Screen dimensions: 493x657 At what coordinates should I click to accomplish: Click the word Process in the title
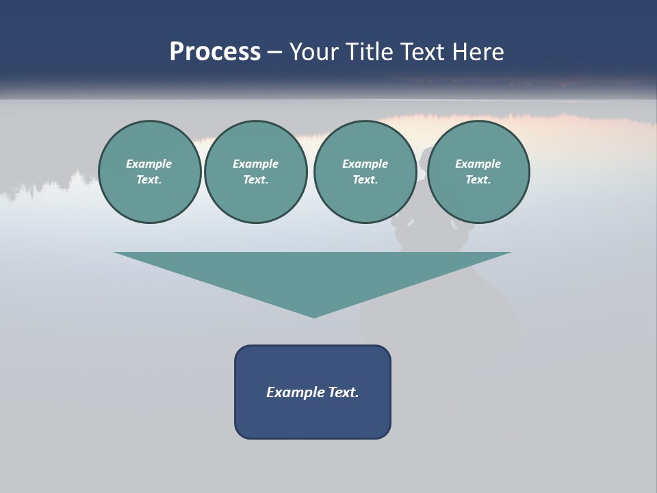click(215, 52)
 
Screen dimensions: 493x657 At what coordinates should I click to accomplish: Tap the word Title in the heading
click(370, 52)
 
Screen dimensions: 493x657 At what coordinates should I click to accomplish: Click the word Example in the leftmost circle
click(149, 164)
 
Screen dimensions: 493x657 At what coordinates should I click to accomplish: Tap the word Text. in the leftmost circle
click(149, 180)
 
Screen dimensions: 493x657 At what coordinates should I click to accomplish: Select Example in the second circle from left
click(255, 164)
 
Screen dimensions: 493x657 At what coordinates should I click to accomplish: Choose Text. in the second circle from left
click(255, 180)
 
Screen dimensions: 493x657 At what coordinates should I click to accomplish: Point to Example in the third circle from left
click(365, 164)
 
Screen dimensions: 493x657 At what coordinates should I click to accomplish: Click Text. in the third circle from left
click(365, 180)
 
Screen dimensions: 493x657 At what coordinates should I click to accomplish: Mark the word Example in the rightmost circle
click(478, 164)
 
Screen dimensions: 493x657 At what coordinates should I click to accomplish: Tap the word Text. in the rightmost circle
click(478, 180)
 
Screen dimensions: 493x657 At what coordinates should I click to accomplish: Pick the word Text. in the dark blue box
click(343, 392)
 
